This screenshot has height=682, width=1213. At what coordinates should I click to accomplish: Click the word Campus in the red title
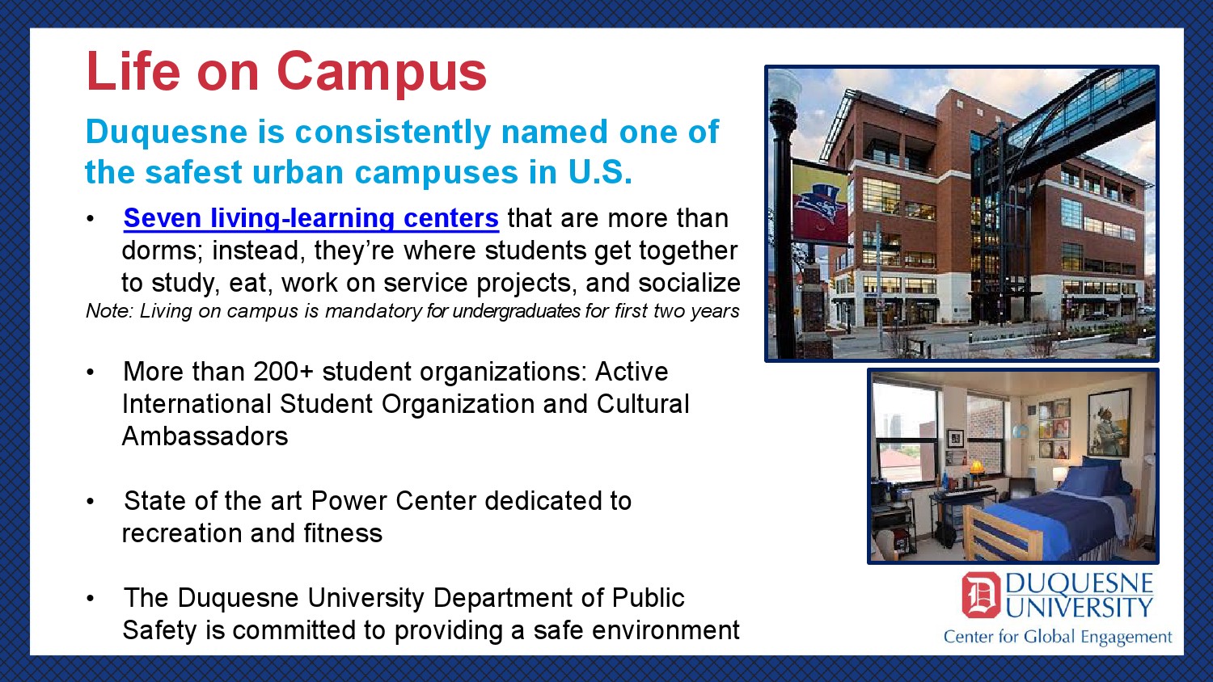coord(382,73)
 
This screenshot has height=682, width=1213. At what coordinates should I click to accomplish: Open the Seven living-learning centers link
coord(311,218)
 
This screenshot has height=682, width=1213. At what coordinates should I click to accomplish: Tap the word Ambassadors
coord(205,436)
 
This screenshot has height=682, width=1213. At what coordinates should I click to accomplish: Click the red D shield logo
coord(981,595)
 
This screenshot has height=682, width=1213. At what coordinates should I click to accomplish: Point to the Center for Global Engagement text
coord(1058,637)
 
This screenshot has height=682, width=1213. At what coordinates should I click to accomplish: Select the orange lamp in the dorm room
coord(976,467)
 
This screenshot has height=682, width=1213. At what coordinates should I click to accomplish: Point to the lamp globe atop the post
coord(784,86)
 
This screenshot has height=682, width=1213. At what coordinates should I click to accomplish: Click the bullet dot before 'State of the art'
coord(90,502)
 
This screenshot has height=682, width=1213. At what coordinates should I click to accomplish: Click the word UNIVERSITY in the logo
coord(1080,608)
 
